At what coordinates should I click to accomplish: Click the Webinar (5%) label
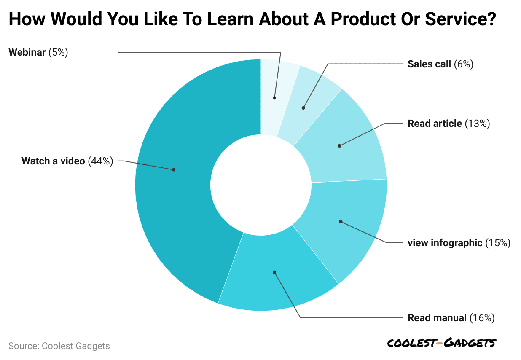pyautogui.click(x=38, y=53)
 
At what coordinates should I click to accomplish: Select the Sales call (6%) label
pyautogui.click(x=440, y=64)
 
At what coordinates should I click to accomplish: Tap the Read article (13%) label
pyautogui.click(x=448, y=124)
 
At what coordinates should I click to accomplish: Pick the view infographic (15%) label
pyautogui.click(x=459, y=243)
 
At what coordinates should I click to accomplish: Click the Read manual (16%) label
pyautogui.click(x=451, y=318)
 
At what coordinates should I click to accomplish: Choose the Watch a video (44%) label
pyautogui.click(x=67, y=161)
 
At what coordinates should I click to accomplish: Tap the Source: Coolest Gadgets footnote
pyautogui.click(x=59, y=346)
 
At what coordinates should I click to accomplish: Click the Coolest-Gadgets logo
pyautogui.click(x=442, y=343)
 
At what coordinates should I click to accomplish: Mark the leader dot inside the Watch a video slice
pyautogui.click(x=173, y=170)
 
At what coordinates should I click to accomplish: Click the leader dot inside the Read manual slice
pyautogui.click(x=274, y=272)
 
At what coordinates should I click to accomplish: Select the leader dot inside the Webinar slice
pyautogui.click(x=274, y=98)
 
